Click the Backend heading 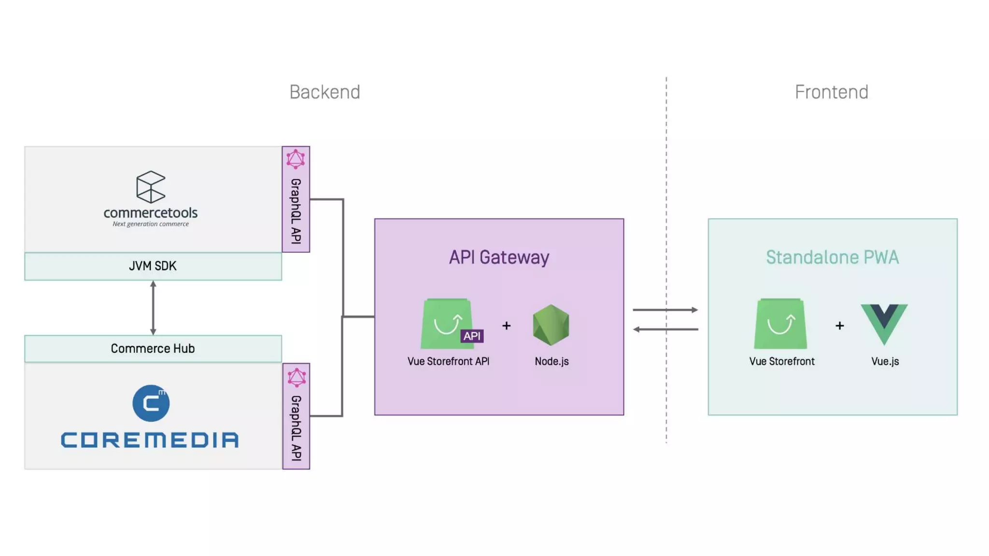tap(325, 92)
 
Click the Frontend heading tap(831, 92)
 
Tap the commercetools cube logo tap(151, 187)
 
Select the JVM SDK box tap(153, 266)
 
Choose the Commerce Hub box tap(153, 348)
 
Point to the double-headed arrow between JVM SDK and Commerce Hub tap(153, 308)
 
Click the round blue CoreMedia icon tap(151, 403)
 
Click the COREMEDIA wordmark tap(150, 440)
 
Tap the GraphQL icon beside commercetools tap(296, 159)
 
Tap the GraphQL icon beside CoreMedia tap(297, 377)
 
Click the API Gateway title tap(499, 257)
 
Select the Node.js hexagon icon tap(551, 325)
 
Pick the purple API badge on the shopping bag tap(472, 336)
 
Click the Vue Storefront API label tap(448, 361)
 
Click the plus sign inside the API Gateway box tap(506, 326)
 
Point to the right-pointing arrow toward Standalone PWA tap(665, 309)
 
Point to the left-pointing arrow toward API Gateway tap(665, 329)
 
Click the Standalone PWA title tap(832, 257)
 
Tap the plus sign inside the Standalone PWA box tap(839, 326)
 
